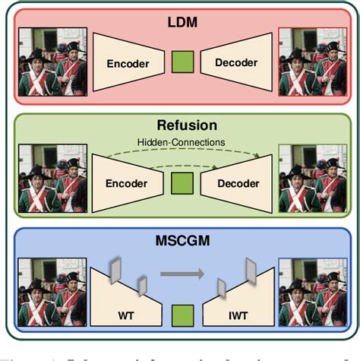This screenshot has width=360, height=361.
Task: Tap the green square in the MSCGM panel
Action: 181,312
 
